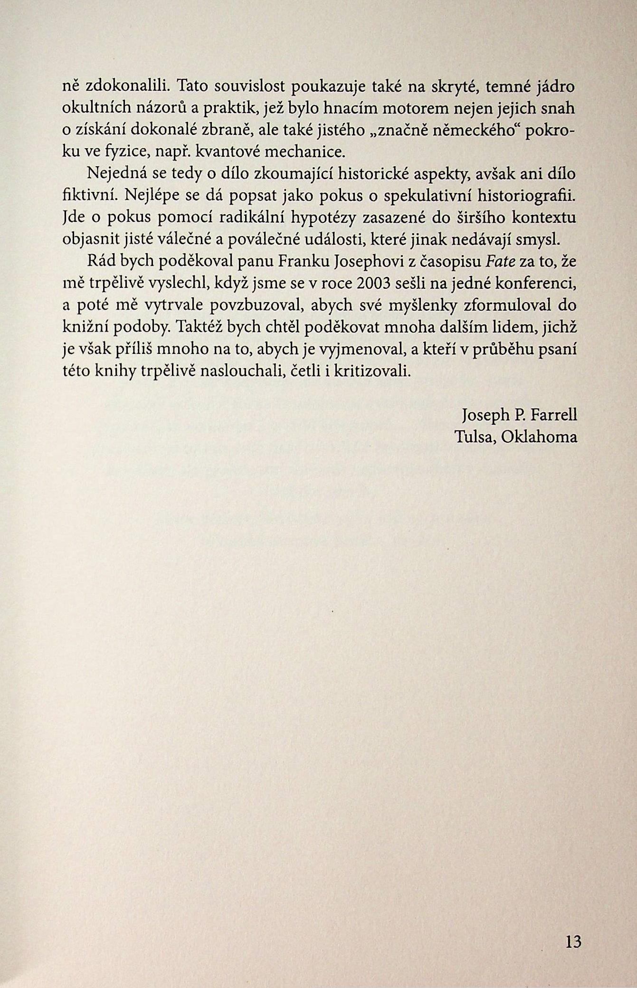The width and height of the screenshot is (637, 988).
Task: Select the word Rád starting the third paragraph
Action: click(x=99, y=262)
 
